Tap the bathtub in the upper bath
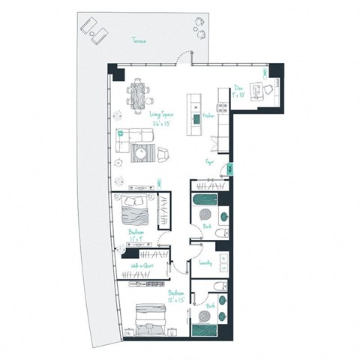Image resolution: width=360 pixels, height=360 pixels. point(204,202)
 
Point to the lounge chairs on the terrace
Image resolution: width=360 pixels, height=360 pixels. point(94,30)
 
